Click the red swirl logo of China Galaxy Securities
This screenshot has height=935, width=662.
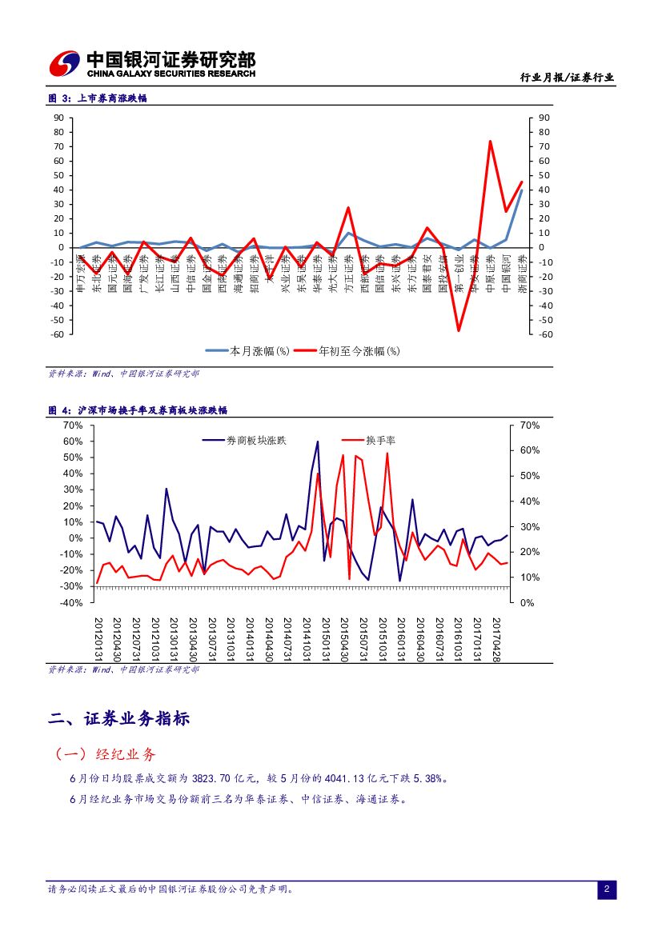click(65, 63)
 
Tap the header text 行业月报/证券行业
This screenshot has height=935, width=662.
click(567, 78)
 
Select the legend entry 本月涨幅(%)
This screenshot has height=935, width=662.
click(247, 350)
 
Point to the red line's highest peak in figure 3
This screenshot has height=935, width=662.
click(490, 142)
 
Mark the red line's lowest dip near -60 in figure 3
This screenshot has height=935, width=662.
click(459, 330)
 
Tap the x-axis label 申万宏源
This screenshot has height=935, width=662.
click(80, 272)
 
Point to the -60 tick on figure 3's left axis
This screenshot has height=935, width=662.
click(58, 334)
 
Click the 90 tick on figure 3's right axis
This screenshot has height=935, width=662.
click(544, 118)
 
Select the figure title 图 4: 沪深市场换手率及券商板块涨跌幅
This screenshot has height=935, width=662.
click(138, 410)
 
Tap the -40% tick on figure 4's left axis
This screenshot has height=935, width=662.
click(73, 602)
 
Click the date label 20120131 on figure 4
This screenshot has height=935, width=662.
click(98, 638)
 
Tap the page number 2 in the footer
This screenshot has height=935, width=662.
click(606, 889)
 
